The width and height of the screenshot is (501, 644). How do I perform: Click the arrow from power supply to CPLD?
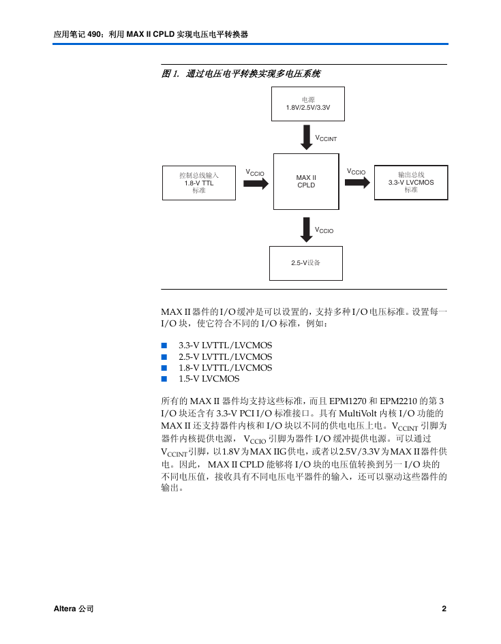(x=306, y=137)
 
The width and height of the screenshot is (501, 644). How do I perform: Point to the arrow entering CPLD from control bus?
(x=256, y=183)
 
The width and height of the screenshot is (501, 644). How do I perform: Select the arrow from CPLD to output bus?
(x=357, y=183)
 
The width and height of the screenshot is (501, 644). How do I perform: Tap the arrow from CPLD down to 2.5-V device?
(x=306, y=230)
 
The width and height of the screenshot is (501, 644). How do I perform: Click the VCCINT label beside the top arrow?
(x=326, y=138)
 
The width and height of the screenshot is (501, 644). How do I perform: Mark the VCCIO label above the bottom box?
(x=324, y=230)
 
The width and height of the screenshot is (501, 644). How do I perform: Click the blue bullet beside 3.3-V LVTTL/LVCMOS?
(x=164, y=346)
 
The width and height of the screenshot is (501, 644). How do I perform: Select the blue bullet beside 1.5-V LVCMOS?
(x=164, y=379)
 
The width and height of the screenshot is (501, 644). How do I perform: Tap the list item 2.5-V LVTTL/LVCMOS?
(x=226, y=356)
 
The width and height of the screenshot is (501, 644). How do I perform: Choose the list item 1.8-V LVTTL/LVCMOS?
(x=226, y=367)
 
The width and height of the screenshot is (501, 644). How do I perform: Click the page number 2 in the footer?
(x=444, y=609)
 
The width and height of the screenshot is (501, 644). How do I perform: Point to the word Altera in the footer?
(x=65, y=609)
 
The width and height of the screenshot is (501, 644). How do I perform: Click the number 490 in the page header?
(x=94, y=35)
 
